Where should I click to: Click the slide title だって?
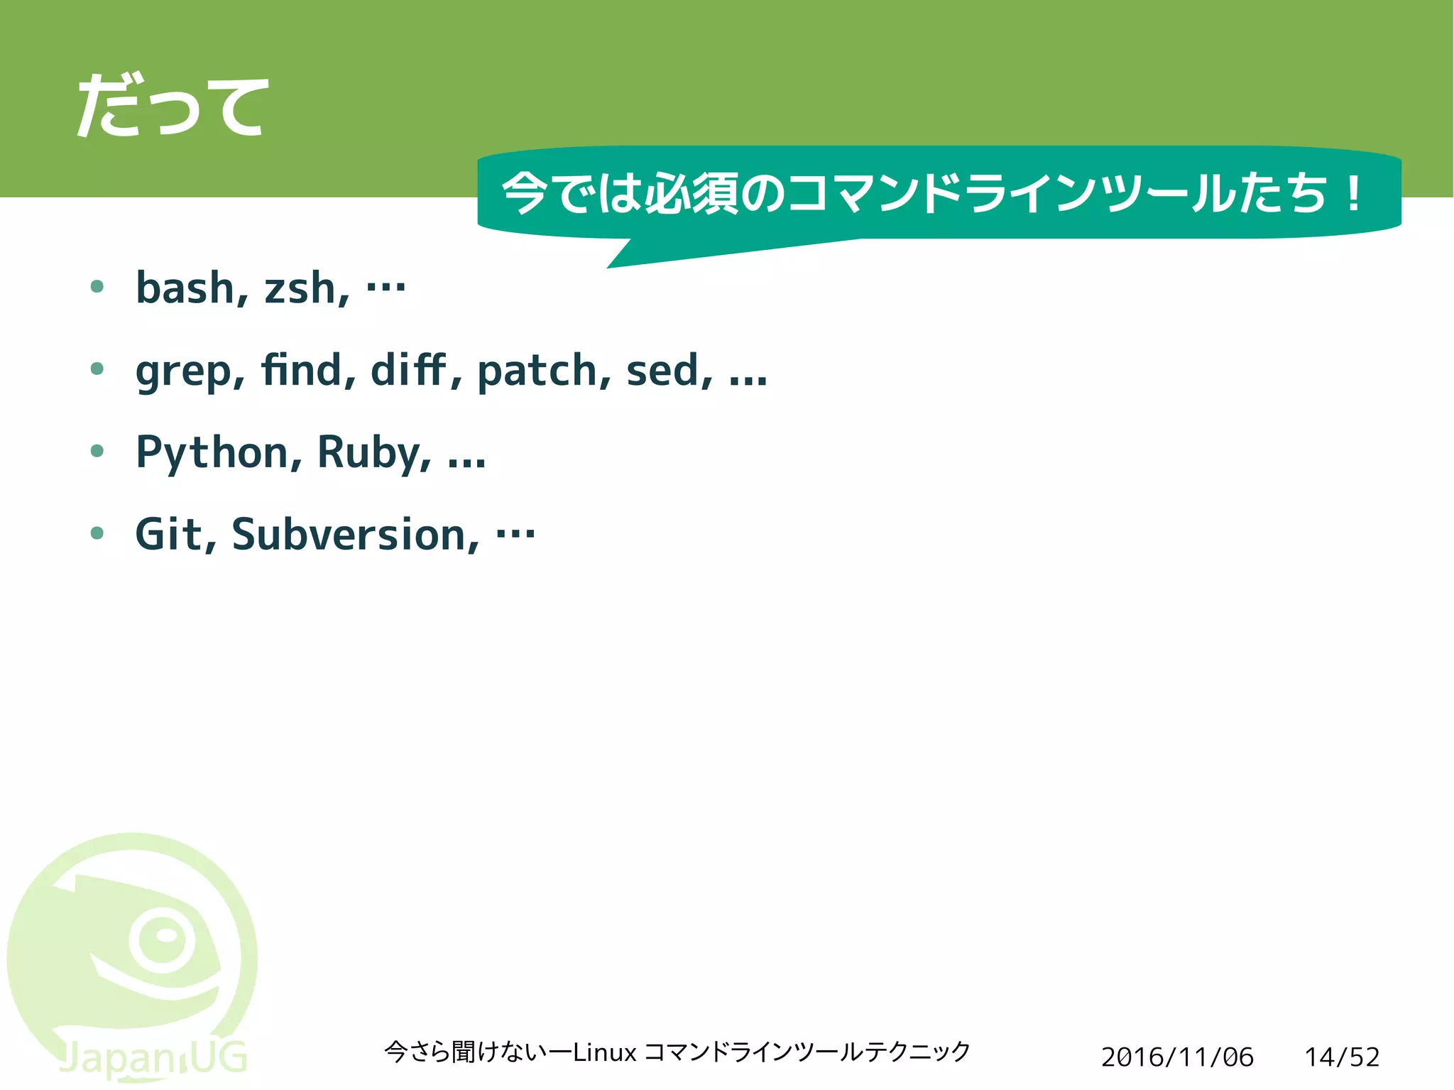tap(173, 107)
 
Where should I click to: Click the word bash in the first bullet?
tap(185, 288)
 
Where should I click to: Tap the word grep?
tap(183, 371)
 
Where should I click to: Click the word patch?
tap(537, 371)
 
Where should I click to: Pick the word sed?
tap(660, 371)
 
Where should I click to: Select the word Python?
tap(212, 453)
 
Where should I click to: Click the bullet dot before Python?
tap(98, 450)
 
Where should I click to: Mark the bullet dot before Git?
tap(98, 533)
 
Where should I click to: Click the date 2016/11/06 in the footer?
tap(1177, 1057)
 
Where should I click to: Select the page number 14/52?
tap(1342, 1057)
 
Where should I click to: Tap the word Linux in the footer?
tap(604, 1052)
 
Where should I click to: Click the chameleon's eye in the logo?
tap(164, 939)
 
